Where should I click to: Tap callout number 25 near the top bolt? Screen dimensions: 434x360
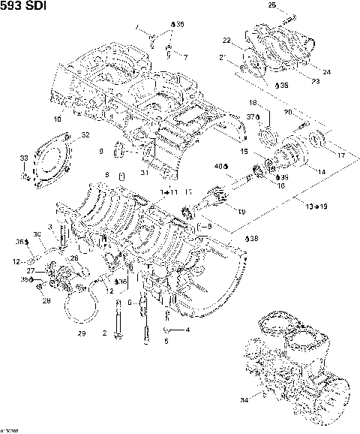pos(271,5)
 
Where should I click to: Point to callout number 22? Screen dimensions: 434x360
pos(226,40)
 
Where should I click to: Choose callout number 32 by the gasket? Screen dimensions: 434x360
pos(85,135)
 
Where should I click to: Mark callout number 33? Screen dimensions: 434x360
pos(24,158)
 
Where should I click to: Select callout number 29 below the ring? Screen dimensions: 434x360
pos(82,333)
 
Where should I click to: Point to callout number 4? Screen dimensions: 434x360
pos(187,330)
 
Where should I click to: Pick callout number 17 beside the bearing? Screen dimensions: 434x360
pos(341,155)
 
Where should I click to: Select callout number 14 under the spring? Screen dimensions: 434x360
pos(321,172)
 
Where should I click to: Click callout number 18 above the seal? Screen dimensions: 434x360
pos(253,102)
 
